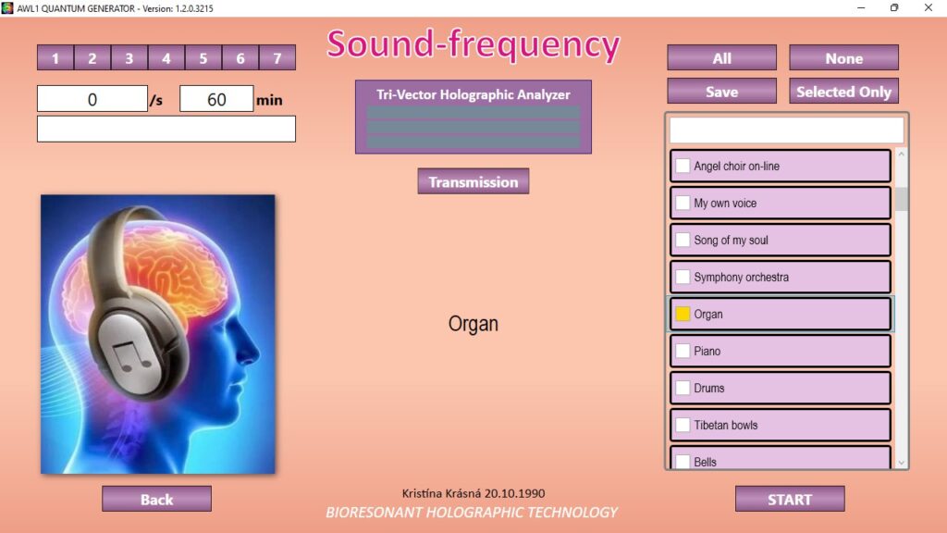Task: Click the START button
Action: (790, 499)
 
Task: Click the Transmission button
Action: (473, 181)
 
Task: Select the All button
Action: (721, 58)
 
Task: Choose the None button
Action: (843, 58)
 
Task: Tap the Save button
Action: (721, 92)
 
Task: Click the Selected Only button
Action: (843, 92)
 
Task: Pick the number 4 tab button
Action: (166, 58)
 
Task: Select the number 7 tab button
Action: (277, 58)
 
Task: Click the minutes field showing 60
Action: (216, 98)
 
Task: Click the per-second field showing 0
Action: (92, 98)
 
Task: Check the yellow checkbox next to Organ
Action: (683, 314)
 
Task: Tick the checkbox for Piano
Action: (683, 351)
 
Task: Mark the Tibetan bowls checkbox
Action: (683, 425)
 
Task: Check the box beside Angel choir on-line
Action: (683, 166)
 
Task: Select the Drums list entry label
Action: (709, 388)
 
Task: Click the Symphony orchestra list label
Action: (741, 277)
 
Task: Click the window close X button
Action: (929, 7)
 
